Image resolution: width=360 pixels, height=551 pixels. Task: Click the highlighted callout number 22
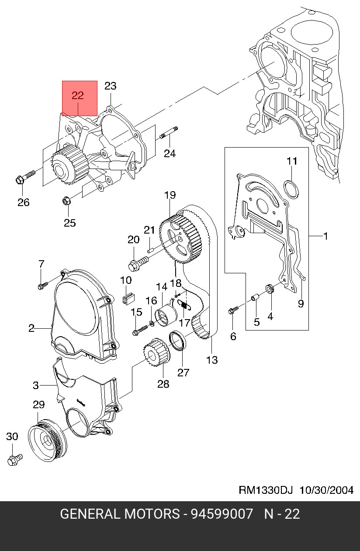[x=78, y=96]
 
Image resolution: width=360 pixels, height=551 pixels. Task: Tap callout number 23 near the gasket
[x=111, y=86]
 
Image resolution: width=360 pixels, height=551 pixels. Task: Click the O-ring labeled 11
[x=291, y=188]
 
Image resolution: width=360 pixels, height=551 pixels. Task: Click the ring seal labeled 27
[x=178, y=340]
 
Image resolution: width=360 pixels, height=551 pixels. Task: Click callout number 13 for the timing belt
[x=212, y=360]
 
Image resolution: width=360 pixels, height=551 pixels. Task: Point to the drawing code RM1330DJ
[x=265, y=490]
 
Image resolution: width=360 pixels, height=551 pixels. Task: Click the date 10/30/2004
[x=326, y=490]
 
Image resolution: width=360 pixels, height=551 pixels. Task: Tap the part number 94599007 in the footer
[x=221, y=514]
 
